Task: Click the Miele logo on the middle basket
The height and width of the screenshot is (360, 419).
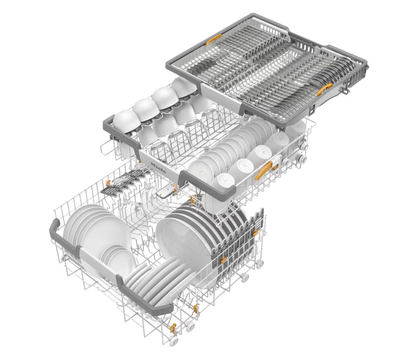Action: (x=158, y=168)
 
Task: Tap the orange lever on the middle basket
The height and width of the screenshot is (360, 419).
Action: (x=263, y=171)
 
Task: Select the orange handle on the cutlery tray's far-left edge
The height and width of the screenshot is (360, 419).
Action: (x=213, y=39)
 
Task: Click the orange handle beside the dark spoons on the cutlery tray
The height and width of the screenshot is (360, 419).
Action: (x=324, y=89)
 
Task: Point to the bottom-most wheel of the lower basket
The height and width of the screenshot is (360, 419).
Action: (x=173, y=341)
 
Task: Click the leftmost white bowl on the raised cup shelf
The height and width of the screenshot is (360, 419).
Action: (x=127, y=121)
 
